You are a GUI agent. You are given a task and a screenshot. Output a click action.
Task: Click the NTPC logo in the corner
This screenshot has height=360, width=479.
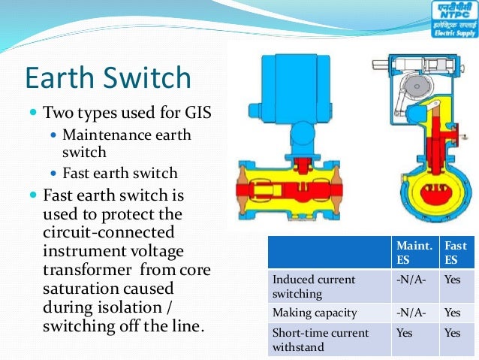(x=453, y=20)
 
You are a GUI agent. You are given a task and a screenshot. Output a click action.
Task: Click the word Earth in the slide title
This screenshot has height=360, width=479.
(x=66, y=79)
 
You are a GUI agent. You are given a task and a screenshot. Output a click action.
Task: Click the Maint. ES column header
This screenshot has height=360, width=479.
(x=414, y=252)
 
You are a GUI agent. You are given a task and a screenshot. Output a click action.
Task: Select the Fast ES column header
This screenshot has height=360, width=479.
(x=456, y=252)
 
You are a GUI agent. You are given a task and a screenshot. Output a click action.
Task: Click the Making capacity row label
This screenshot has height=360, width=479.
(x=314, y=313)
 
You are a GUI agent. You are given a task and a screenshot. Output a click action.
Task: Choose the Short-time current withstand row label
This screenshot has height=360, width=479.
(x=321, y=339)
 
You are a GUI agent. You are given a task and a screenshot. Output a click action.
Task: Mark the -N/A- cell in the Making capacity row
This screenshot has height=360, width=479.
(x=411, y=313)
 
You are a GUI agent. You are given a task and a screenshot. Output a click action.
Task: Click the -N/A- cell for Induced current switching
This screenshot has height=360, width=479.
(x=411, y=280)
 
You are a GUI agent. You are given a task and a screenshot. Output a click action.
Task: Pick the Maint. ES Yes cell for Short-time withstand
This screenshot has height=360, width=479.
(x=405, y=332)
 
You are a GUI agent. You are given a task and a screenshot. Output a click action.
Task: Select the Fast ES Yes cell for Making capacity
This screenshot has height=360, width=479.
(x=452, y=313)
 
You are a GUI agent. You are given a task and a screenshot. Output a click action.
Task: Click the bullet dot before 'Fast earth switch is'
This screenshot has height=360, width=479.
(x=32, y=195)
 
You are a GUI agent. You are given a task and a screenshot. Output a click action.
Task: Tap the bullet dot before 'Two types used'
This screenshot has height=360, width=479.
(x=32, y=113)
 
